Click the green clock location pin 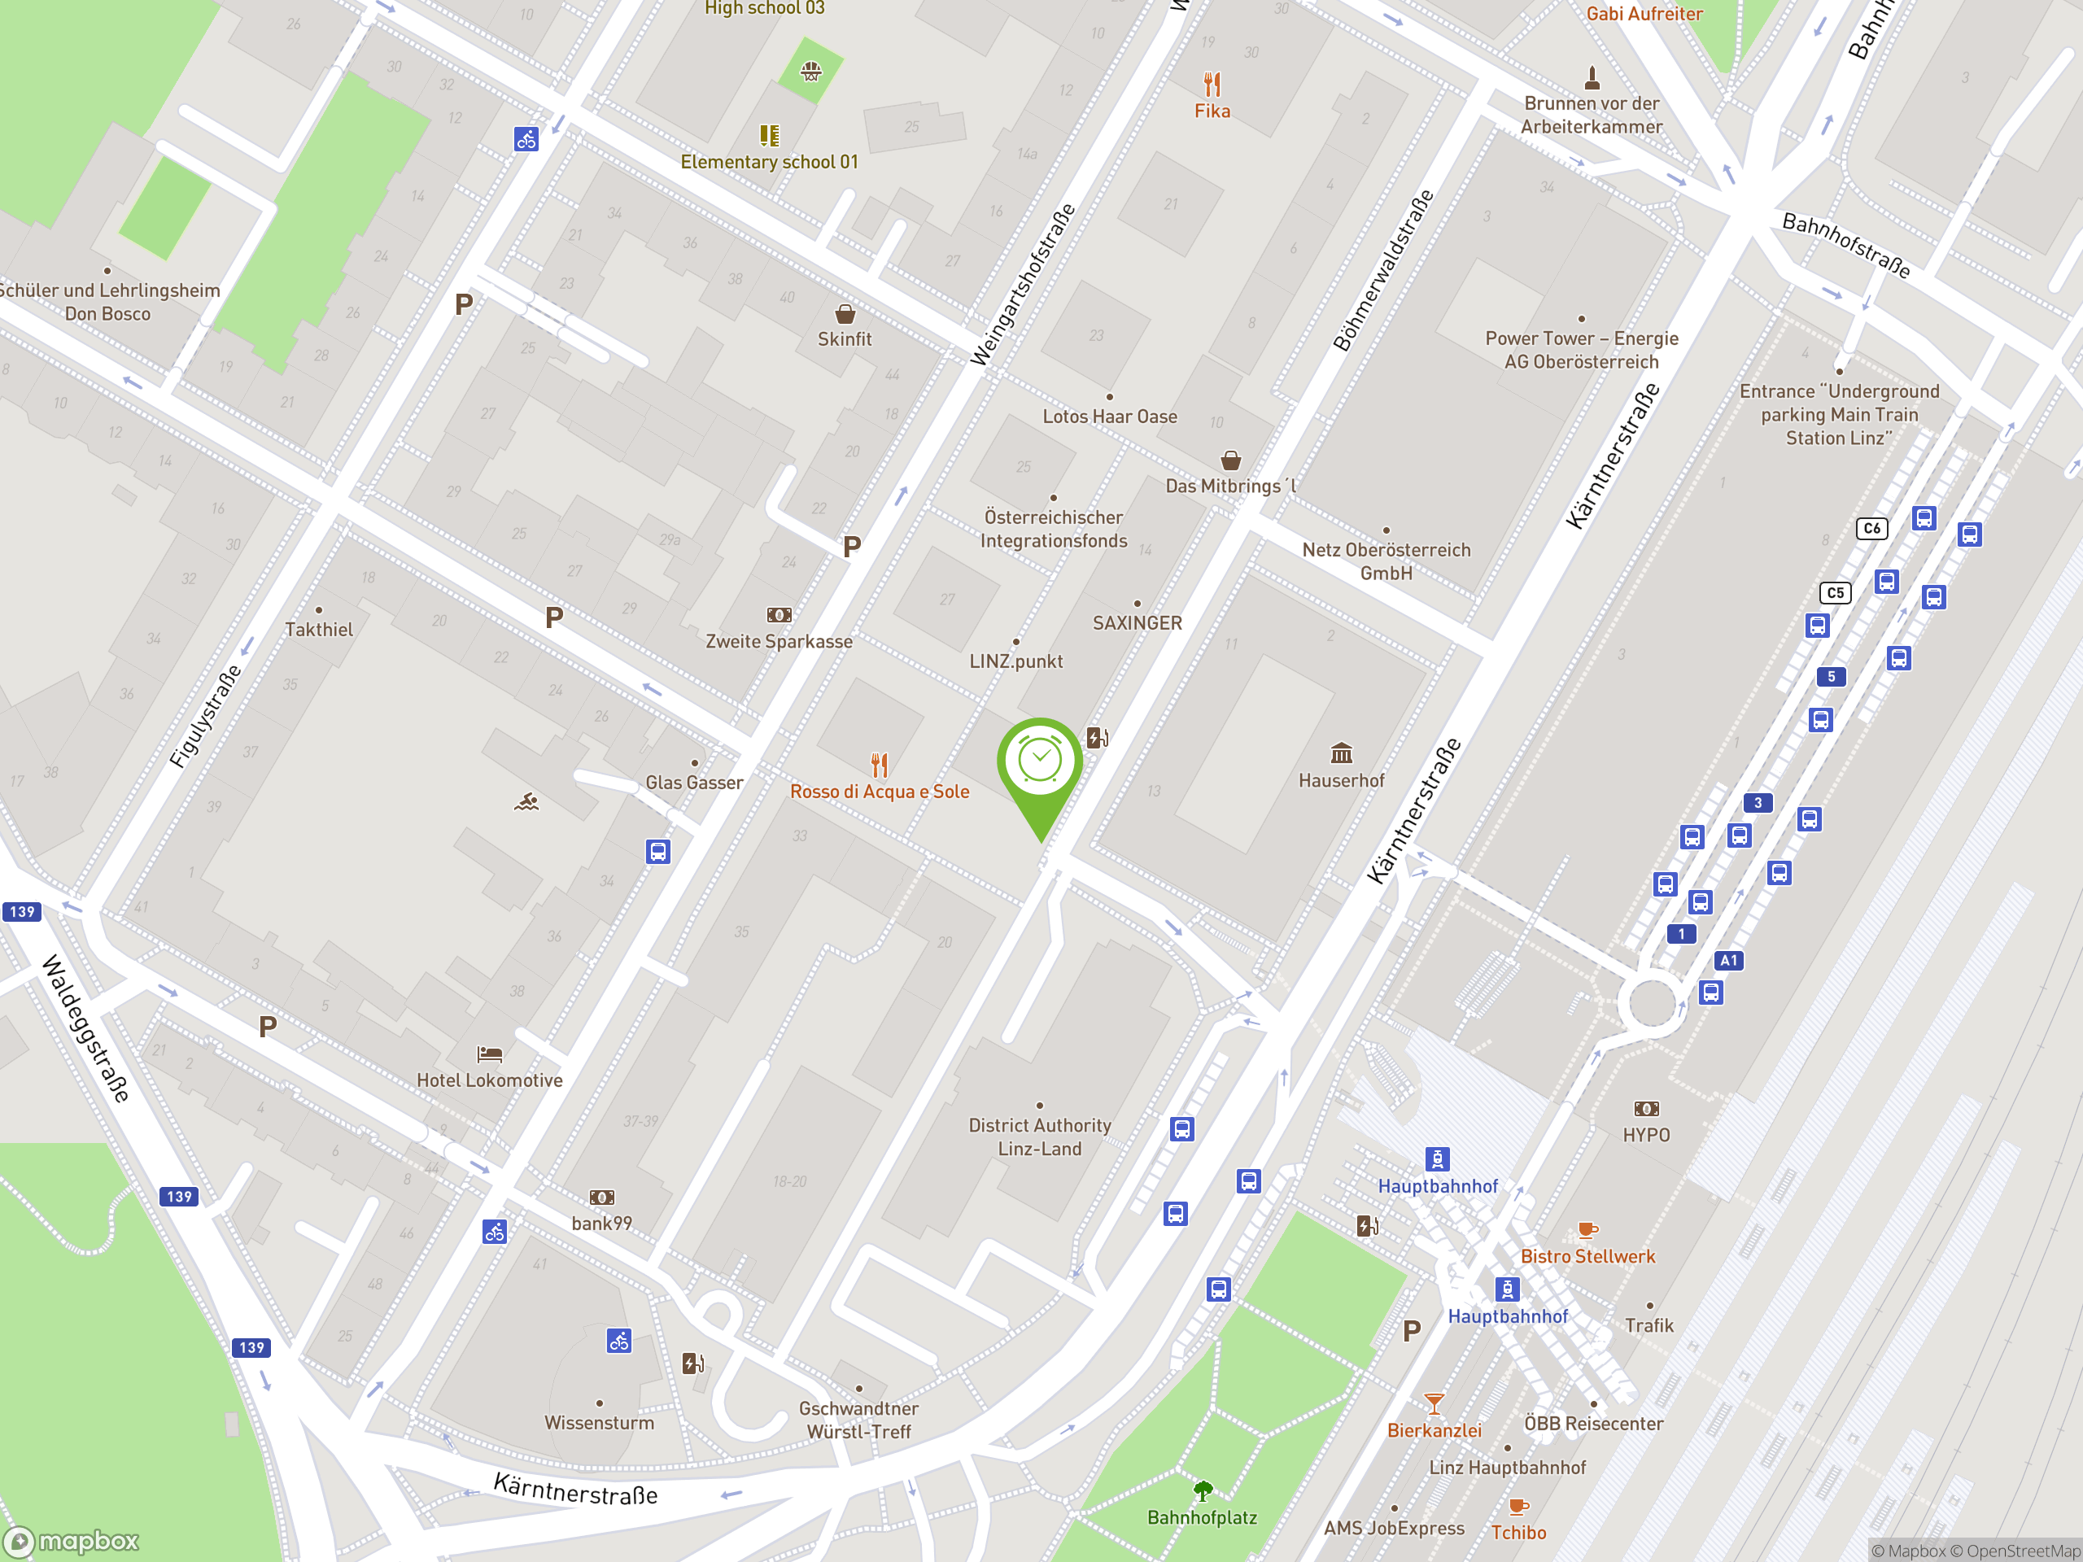point(1040,765)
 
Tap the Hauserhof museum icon point(1341,753)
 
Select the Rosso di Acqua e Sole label point(879,792)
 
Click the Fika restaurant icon point(1212,85)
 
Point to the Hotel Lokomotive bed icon point(490,1054)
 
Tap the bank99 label point(602,1223)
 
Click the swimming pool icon point(526,801)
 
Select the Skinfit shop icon point(845,313)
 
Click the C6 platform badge point(1871,528)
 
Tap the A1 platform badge point(1728,960)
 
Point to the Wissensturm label point(599,1423)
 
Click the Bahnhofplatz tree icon point(1203,1490)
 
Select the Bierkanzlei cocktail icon point(1433,1404)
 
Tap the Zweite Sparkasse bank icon point(779,615)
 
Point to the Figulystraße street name point(205,717)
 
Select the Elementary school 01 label point(770,162)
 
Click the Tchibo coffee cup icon point(1518,1507)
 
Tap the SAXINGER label point(1137,623)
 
